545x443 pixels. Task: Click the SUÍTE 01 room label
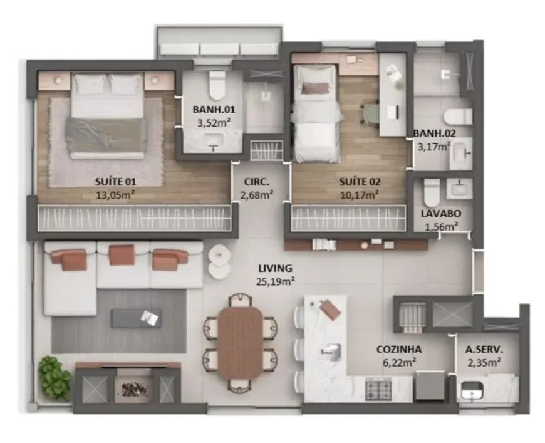click(x=116, y=182)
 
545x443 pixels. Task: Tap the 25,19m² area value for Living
click(x=276, y=281)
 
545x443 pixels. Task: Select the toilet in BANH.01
click(x=217, y=85)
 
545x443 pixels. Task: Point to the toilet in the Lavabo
click(x=432, y=192)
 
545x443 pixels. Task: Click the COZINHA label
click(x=399, y=349)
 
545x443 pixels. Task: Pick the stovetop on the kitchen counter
click(x=378, y=388)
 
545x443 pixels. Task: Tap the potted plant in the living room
click(x=55, y=377)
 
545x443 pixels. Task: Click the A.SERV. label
click(x=484, y=349)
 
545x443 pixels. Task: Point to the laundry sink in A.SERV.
click(x=472, y=390)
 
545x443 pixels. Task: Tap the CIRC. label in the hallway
click(x=256, y=182)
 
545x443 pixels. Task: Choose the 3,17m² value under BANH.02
click(x=433, y=147)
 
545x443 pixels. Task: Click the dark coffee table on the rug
click(x=136, y=318)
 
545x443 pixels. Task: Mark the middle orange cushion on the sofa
click(x=122, y=254)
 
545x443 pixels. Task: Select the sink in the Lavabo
click(x=460, y=189)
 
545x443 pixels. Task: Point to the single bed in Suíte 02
click(x=316, y=113)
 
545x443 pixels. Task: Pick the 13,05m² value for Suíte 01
click(x=116, y=195)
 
